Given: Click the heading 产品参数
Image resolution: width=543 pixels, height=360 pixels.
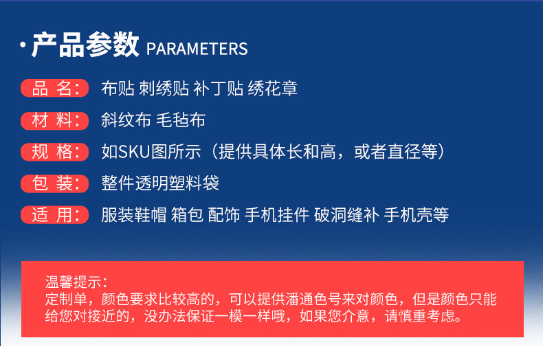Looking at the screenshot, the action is point(85,45).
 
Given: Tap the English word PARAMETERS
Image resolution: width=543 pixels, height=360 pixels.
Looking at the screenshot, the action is point(197,49).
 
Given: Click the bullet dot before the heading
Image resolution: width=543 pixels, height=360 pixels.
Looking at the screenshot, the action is point(23,45).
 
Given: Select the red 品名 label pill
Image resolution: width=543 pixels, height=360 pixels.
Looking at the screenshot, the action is point(55,88).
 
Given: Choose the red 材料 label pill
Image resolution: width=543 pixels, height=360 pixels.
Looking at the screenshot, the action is point(55,120).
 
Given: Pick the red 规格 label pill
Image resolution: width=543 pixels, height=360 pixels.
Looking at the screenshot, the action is point(55,152).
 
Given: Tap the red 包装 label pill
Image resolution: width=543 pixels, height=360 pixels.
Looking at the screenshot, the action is point(55,183).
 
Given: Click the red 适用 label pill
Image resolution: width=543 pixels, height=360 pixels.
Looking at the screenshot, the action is point(55,215).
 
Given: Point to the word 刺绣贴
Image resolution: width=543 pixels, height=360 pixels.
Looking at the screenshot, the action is point(164,88).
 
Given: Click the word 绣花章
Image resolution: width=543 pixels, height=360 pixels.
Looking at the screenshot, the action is point(273,88).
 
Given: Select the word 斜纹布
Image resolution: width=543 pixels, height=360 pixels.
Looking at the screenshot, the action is point(126,120).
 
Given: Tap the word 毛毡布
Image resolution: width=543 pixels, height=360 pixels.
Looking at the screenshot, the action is point(181,120).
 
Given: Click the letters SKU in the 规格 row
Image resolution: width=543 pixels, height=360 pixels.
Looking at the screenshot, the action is point(134,152).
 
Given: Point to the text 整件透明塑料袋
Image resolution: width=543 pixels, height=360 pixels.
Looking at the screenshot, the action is point(160,183).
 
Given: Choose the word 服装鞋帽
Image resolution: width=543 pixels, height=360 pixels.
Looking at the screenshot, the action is point(134,215).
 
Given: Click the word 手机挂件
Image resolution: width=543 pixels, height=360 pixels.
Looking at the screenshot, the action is point(277,215).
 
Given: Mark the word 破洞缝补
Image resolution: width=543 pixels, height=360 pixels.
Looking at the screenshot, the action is point(346,215).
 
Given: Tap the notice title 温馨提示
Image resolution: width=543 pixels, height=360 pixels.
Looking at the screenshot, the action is point(74,282).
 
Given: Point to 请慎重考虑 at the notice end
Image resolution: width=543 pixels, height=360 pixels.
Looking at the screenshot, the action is point(420,316).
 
